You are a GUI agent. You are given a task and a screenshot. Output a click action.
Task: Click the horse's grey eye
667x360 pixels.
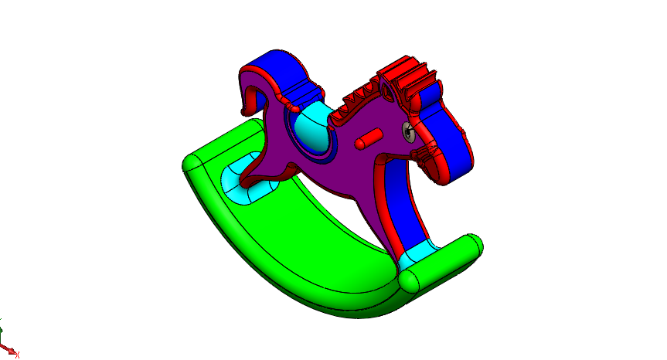(408, 132)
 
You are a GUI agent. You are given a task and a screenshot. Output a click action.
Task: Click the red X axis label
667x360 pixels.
(17, 355)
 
